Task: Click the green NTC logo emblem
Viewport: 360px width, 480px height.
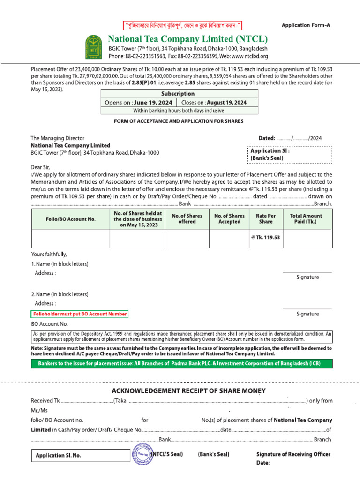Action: (x=93, y=47)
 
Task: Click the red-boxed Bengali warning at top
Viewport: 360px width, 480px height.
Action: (x=182, y=25)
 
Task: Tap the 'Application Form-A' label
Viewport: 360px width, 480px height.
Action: (x=306, y=25)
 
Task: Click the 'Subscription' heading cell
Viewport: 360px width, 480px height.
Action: (x=177, y=94)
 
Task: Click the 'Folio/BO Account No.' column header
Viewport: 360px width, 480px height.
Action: (x=71, y=219)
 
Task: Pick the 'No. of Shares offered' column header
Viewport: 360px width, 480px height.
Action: (x=187, y=219)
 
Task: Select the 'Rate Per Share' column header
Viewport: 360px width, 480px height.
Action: (x=265, y=219)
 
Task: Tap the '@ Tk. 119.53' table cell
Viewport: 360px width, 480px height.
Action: (x=265, y=238)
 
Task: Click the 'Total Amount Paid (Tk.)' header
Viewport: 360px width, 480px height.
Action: (x=306, y=219)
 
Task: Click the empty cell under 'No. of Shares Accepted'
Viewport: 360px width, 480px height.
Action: (x=229, y=238)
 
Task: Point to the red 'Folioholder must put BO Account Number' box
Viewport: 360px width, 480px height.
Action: (x=79, y=314)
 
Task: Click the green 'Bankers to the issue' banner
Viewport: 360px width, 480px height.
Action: (x=182, y=364)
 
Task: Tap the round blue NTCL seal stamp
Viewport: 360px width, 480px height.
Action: (x=143, y=454)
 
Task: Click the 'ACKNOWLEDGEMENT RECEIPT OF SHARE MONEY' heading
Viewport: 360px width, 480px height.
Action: (x=188, y=391)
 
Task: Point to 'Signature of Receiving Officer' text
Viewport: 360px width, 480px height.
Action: (x=293, y=454)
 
